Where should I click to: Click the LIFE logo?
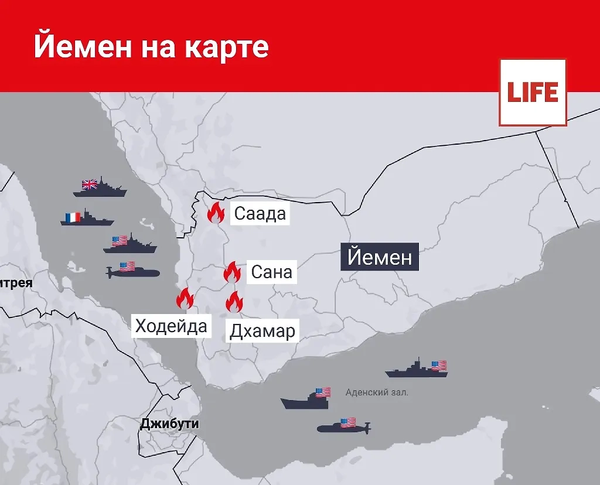[x=533, y=93]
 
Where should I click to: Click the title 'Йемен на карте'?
[x=151, y=46]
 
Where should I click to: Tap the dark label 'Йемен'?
[x=380, y=257]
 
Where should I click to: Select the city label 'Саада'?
[x=260, y=214]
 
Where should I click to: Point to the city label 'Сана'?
[x=271, y=272]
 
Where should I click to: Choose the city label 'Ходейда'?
[x=171, y=325]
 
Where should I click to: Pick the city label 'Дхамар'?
[x=262, y=332]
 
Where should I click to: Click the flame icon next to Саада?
[x=216, y=213]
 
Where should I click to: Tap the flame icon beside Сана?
[x=232, y=272]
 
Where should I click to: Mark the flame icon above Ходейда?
[x=185, y=299]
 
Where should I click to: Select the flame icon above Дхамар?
[x=234, y=302]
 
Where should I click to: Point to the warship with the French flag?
[x=87, y=218]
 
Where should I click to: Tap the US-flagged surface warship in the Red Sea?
[x=129, y=244]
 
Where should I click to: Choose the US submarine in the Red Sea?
[x=132, y=271]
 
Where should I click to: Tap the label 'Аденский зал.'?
[x=377, y=392]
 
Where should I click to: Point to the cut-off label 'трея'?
[x=16, y=284]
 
